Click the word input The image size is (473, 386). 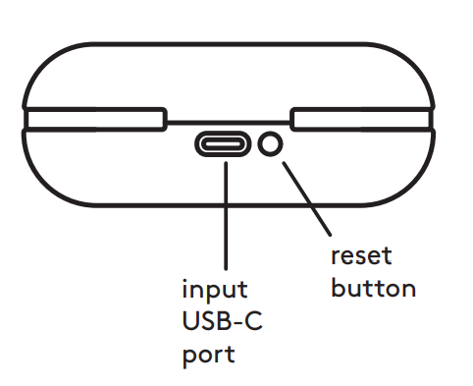point(215,293)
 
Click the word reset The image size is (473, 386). point(361,256)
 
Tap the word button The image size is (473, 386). point(373,288)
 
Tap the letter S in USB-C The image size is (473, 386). point(206,322)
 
